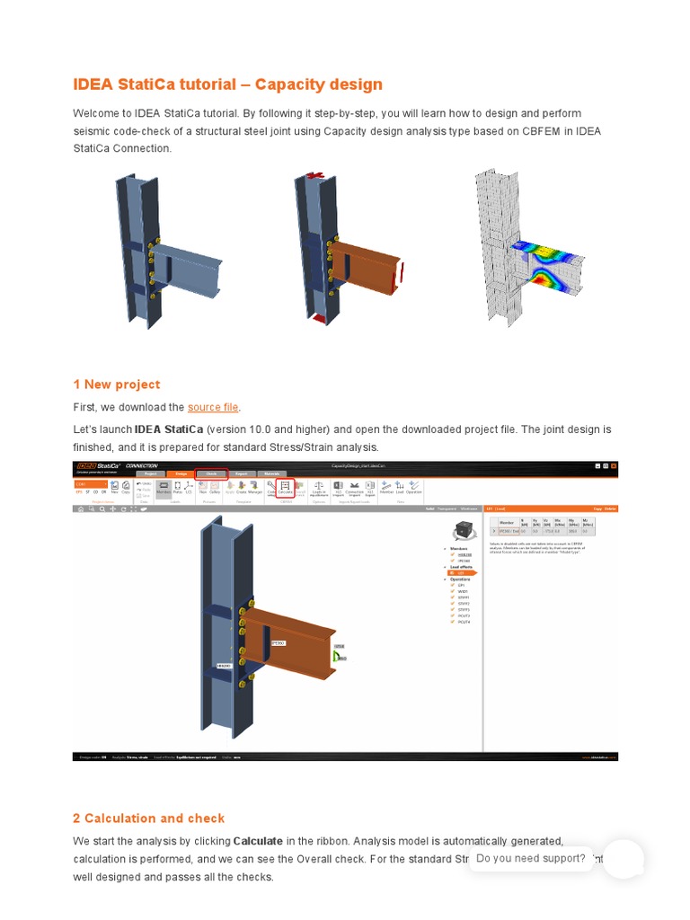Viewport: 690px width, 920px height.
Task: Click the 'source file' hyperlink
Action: pos(214,408)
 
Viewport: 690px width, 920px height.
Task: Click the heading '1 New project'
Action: pos(117,385)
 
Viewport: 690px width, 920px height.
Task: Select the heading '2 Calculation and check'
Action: pos(148,818)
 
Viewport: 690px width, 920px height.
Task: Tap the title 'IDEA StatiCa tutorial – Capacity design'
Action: pos(227,84)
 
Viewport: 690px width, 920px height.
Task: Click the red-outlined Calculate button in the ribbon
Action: pos(286,489)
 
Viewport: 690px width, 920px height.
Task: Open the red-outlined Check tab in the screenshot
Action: pos(211,473)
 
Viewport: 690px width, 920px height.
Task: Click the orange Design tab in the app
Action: pos(181,473)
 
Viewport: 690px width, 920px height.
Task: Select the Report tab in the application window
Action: pos(242,473)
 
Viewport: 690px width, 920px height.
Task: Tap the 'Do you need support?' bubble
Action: pos(531,859)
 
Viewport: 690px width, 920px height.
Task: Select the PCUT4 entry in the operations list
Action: pos(464,622)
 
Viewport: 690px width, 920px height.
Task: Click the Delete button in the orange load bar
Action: pos(611,509)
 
